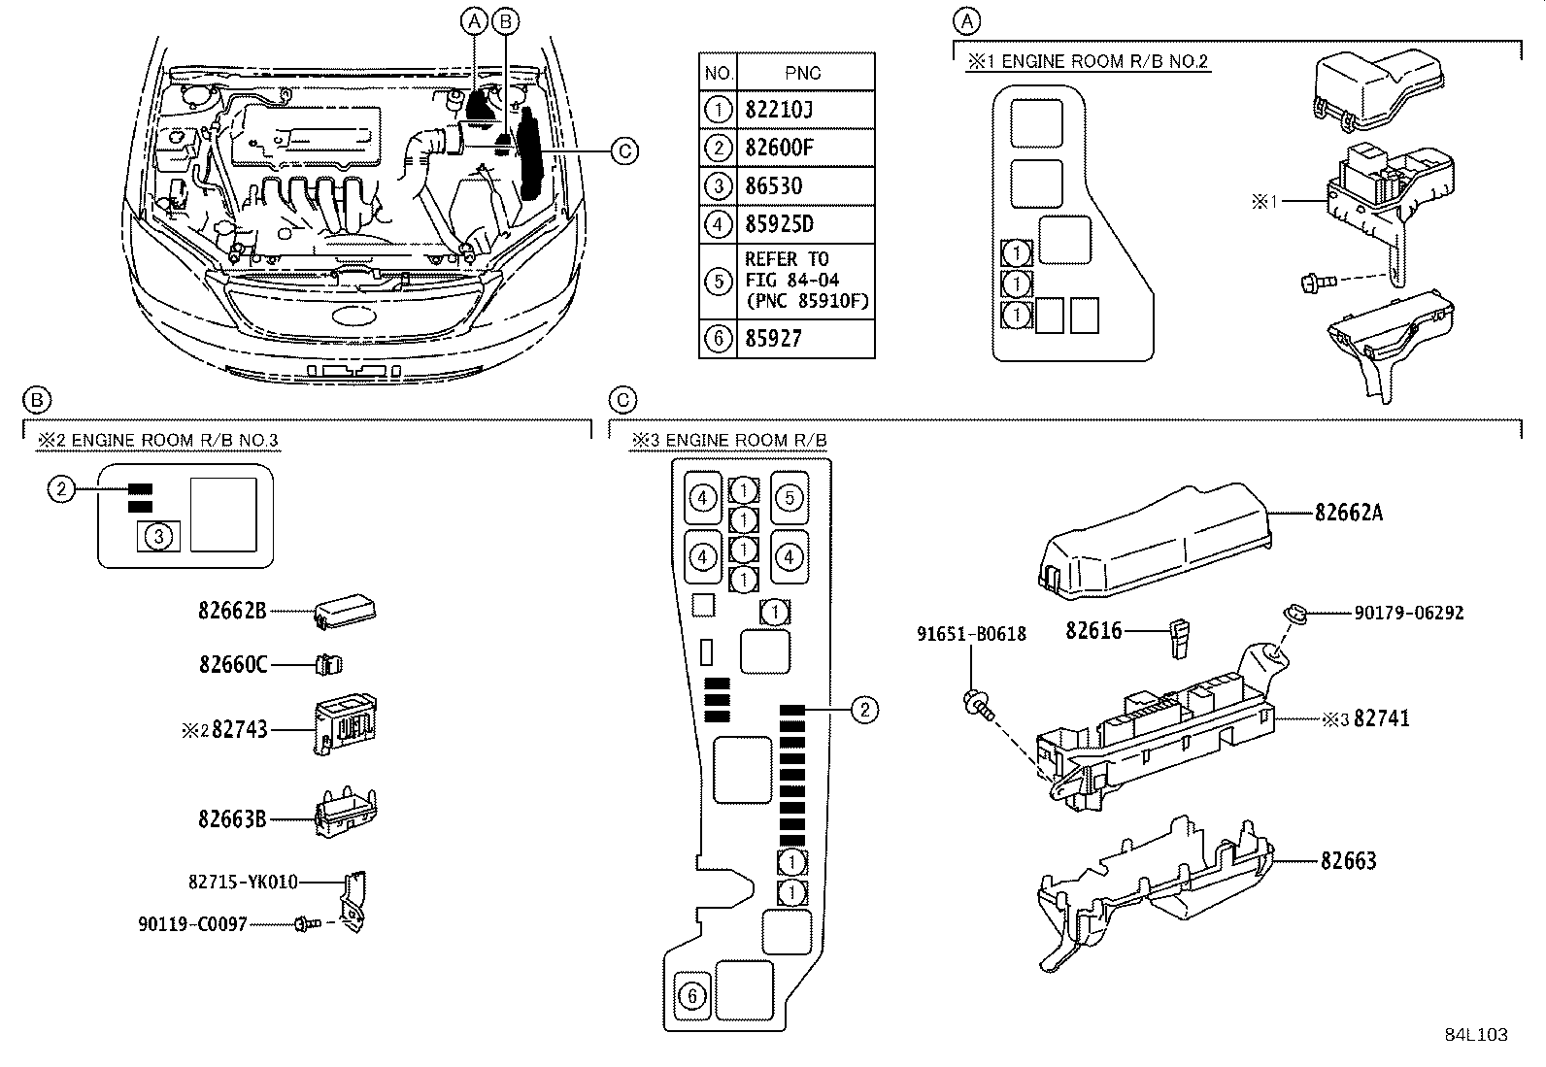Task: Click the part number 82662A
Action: (x=1348, y=513)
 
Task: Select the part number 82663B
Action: (x=232, y=819)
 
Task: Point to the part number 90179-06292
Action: (x=1408, y=613)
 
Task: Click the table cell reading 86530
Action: (x=774, y=186)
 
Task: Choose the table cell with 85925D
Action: (x=779, y=224)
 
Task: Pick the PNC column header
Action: (x=802, y=73)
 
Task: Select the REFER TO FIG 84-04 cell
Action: (x=805, y=281)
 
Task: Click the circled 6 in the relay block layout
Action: (x=691, y=996)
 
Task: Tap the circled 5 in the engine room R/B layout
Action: (x=790, y=499)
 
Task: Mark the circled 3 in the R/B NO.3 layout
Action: (x=161, y=535)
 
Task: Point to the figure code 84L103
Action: (x=1474, y=1035)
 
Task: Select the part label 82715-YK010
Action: (x=243, y=883)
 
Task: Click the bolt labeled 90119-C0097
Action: (x=303, y=925)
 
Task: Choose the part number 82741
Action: (x=1381, y=718)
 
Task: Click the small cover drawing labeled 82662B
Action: (x=345, y=611)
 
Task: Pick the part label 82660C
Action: (x=232, y=665)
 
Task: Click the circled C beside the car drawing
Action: (x=625, y=150)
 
